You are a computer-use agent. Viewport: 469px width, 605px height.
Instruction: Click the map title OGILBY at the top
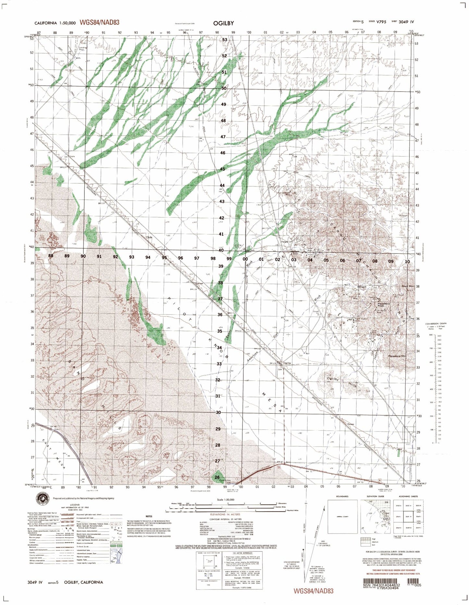tap(223, 23)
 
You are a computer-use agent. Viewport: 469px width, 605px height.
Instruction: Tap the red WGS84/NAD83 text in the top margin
tap(99, 22)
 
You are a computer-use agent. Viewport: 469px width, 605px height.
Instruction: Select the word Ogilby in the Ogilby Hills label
tap(333, 379)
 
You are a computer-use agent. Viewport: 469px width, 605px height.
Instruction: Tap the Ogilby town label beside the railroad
tap(287, 363)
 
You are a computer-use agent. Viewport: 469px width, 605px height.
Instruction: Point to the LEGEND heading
tap(75, 514)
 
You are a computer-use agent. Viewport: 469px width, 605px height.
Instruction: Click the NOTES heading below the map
tap(149, 516)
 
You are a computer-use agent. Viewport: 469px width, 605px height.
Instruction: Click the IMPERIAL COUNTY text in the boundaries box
tap(342, 516)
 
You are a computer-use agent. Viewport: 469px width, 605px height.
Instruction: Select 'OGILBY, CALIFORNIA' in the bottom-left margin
tap(84, 582)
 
